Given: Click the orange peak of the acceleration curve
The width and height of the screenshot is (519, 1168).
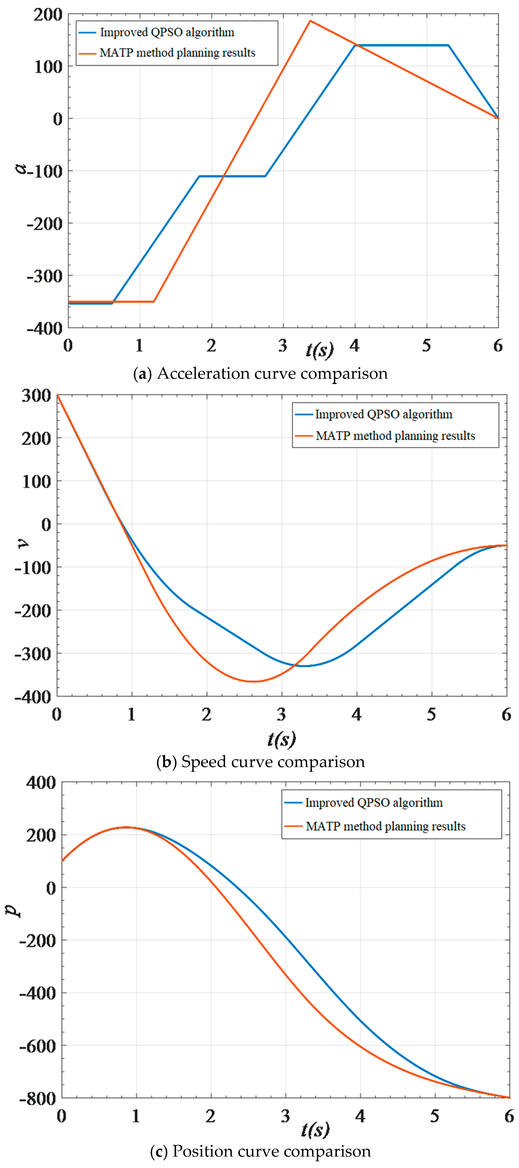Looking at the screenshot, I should point(310,21).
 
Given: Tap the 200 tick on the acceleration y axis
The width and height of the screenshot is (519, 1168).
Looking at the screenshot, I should point(48,15).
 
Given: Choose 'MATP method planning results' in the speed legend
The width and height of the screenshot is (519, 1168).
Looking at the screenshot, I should point(395,436).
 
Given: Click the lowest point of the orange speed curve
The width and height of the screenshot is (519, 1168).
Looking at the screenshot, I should point(254,681).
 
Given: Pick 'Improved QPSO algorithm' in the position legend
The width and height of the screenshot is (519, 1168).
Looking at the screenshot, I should point(374,803).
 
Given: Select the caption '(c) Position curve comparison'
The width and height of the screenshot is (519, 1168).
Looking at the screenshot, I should point(261,1151).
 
